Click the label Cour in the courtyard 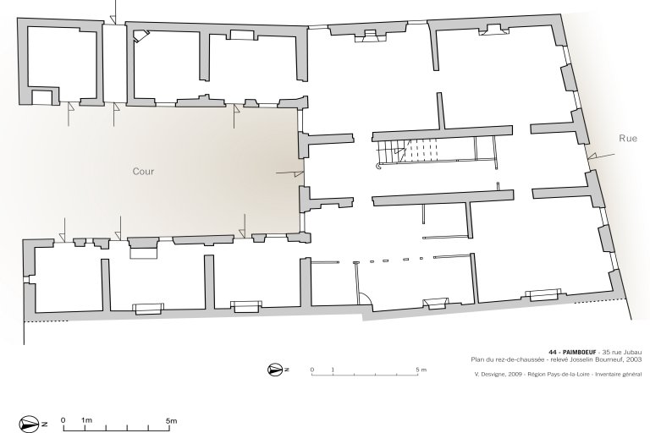(x=143, y=171)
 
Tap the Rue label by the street (x=628, y=139)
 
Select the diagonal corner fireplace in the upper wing (x=140, y=36)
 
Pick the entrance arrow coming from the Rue (x=602, y=156)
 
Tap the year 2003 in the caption (x=635, y=359)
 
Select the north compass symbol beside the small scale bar (x=275, y=370)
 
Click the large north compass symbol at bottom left (x=29, y=424)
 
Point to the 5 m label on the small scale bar (x=421, y=370)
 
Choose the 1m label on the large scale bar (x=86, y=420)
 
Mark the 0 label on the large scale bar (x=63, y=420)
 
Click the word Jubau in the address (x=632, y=352)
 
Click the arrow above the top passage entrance (x=113, y=12)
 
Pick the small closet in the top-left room (x=41, y=98)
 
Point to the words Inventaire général (x=619, y=375)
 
